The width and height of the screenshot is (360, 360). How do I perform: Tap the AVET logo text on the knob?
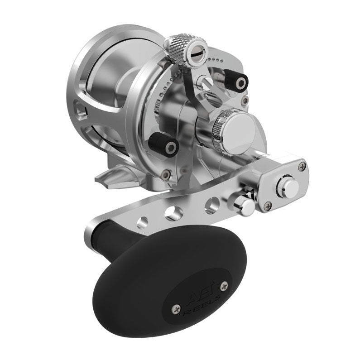point(196,297)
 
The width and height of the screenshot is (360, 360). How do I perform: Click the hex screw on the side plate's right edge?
point(245,100)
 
